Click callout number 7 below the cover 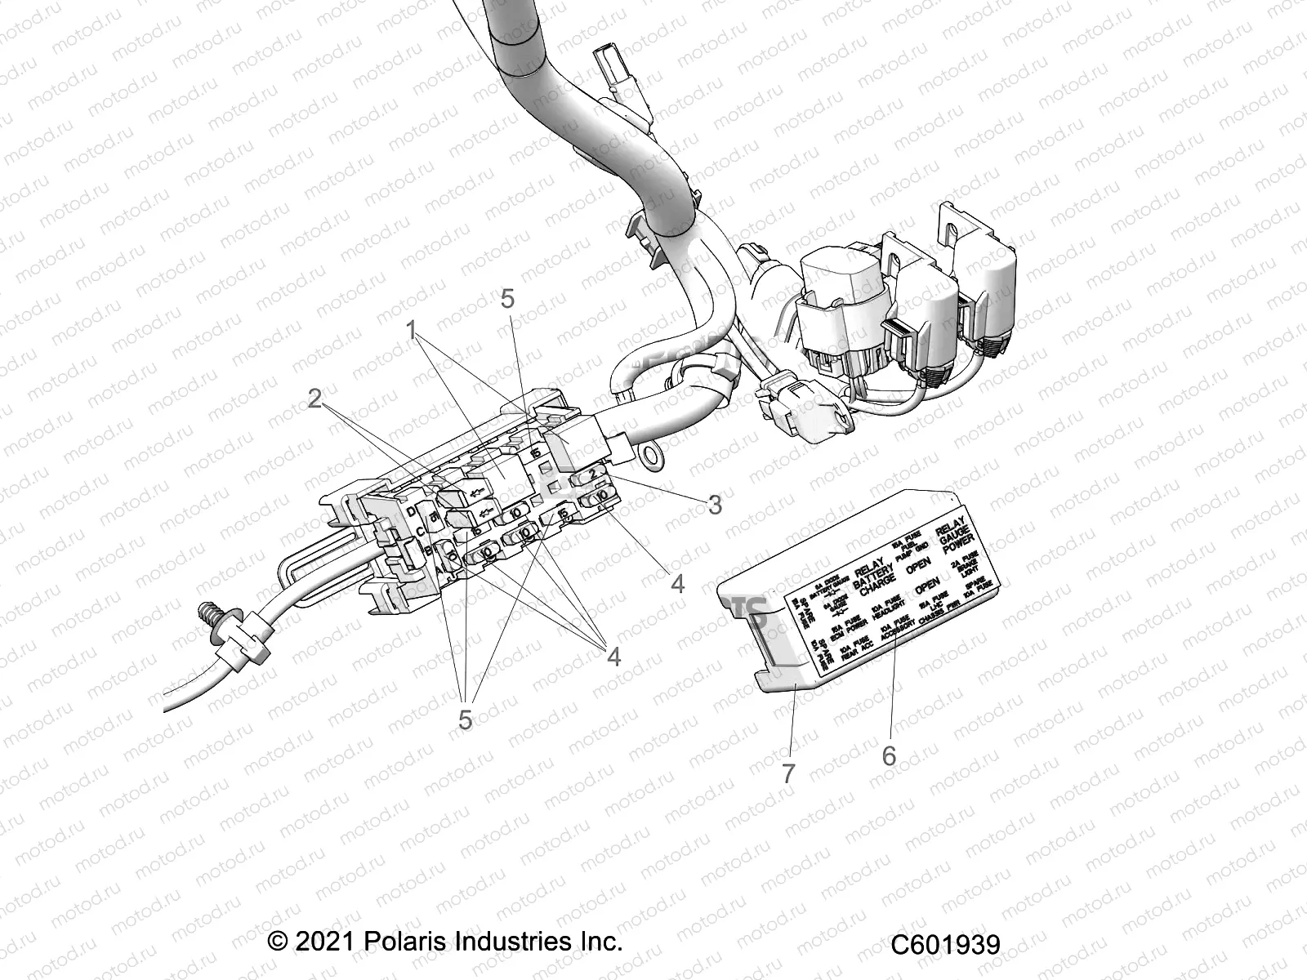click(788, 773)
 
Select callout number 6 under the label click(889, 756)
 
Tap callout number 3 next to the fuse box click(715, 505)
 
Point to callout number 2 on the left click(315, 399)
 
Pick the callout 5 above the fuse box click(507, 299)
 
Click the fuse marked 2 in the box click(592, 474)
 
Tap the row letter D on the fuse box click(410, 511)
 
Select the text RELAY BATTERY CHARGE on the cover click(874, 577)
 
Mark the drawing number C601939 click(944, 945)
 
